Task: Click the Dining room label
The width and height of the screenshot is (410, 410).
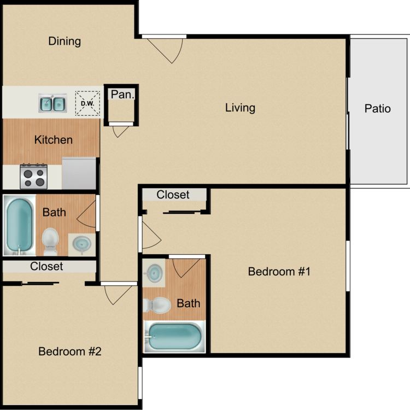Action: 65,41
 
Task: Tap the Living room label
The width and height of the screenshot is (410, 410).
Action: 240,108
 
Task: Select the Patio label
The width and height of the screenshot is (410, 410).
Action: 378,108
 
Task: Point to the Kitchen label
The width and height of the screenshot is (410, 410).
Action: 53,140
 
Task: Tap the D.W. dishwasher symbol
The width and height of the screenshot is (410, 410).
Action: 87,103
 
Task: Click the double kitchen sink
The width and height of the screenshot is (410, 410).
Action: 52,103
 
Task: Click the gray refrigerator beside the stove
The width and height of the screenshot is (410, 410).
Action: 79,173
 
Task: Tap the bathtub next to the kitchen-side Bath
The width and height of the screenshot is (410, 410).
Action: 20,226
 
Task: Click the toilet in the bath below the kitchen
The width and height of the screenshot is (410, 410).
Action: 50,241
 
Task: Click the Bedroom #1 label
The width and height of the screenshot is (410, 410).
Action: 279,271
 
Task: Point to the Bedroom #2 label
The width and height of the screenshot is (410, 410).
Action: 70,352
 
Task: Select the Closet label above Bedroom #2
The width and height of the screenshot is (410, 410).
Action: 46,267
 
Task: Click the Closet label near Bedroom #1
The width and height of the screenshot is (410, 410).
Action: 173,195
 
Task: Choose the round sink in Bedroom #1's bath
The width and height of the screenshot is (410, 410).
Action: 155,272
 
